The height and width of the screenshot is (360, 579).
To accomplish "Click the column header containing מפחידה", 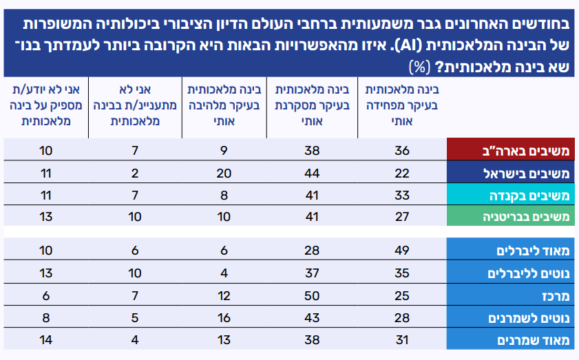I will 401,105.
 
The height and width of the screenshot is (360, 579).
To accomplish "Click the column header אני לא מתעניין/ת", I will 136,105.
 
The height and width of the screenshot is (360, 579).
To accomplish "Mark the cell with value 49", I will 401,250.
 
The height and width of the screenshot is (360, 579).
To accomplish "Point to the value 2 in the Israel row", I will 136,173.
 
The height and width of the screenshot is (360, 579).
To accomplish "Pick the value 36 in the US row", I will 401,150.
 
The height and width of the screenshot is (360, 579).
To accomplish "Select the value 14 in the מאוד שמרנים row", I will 46,340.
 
